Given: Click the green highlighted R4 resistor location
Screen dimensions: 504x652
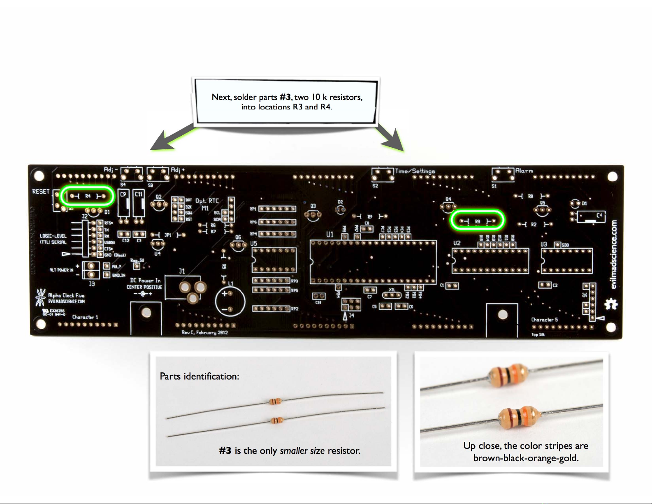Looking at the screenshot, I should pos(87,196).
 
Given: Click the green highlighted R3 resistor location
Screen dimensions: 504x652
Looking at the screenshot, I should pos(477,221).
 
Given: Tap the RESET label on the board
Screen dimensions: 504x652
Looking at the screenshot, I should pos(41,192).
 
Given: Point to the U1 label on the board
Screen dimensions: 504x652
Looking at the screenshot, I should pos(330,235).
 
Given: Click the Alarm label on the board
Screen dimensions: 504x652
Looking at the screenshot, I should pos(524,171).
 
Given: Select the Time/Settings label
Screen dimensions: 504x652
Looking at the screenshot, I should pos(415,171).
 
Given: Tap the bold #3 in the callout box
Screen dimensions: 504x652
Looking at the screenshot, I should pos(285,97).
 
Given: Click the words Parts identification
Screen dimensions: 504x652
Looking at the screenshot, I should pos(199,376).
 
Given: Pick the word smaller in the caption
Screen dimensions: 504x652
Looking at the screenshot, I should pos(294,451).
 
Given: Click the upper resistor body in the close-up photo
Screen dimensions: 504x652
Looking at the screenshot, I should pos(508,375).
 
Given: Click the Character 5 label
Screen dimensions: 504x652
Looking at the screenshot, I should pos(544,319).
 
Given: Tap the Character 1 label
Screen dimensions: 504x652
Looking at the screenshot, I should pos(85,317).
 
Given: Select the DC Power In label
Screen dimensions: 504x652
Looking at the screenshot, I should pos(145,280).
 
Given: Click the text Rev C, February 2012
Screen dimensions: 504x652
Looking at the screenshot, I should pos(204,332).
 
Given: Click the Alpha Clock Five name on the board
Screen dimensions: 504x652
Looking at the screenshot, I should pos(66,295).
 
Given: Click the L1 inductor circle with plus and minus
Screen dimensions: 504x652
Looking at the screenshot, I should pos(230,301).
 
